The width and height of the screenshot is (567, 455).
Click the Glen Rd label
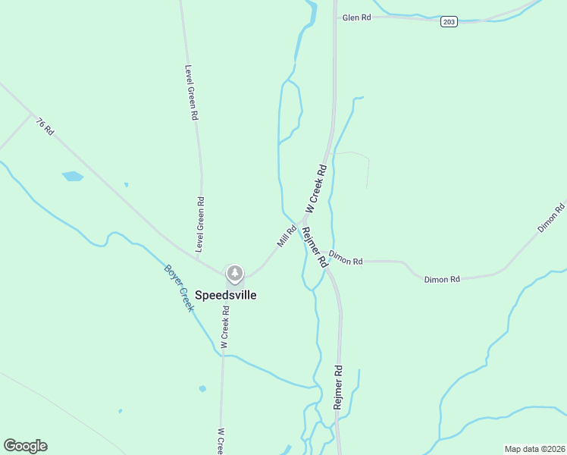[x=356, y=17]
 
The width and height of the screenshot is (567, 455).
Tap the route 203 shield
[x=449, y=22]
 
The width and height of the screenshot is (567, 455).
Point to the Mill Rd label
[x=286, y=236]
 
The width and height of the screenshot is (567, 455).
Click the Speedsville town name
[x=226, y=295]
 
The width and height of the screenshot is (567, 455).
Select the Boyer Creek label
[x=180, y=287]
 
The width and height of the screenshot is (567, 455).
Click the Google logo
[x=25, y=446]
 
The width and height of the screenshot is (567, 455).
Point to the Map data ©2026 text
[x=534, y=449]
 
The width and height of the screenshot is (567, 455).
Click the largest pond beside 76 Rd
[x=73, y=177]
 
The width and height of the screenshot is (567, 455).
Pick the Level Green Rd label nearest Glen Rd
[x=192, y=93]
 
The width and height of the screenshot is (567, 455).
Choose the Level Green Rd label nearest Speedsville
[x=200, y=224]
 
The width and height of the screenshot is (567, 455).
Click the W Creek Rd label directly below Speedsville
[x=224, y=327]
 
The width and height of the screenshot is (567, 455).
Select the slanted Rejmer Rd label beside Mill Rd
[x=314, y=246]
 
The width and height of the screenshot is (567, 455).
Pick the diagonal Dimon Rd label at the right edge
[x=551, y=218]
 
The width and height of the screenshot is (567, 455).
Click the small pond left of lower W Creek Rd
[x=202, y=389]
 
